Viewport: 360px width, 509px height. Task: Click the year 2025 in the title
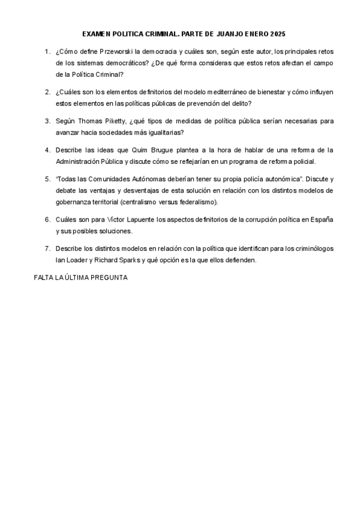click(x=278, y=34)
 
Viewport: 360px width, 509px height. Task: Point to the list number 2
click(x=47, y=92)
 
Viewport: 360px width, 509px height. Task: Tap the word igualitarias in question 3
click(x=166, y=131)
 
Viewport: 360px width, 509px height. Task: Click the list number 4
click(x=47, y=149)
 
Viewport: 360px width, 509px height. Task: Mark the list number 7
click(x=47, y=248)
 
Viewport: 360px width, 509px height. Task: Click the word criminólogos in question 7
click(x=313, y=248)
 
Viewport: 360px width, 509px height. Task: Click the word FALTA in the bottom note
click(x=44, y=278)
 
